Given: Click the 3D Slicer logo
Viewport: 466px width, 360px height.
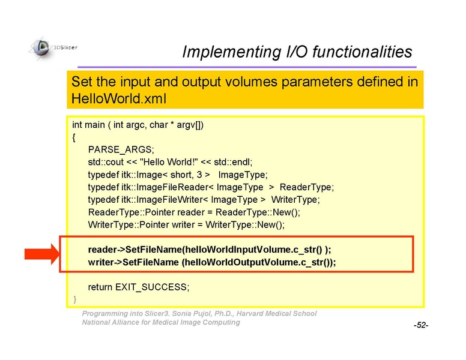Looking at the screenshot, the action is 53,48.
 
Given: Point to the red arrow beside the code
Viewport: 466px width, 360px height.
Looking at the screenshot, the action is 42,254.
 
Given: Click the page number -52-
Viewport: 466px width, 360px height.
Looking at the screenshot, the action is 421,325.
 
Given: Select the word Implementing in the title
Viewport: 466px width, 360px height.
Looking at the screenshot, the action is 232,52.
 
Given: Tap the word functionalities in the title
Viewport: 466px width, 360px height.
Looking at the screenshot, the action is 362,52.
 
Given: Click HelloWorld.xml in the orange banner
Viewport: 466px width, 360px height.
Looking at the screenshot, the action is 118,98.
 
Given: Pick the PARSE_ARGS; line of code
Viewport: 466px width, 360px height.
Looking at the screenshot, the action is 121,149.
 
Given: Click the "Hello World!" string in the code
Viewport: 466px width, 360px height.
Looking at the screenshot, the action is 169,162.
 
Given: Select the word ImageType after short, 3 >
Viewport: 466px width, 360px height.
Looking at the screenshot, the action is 243,175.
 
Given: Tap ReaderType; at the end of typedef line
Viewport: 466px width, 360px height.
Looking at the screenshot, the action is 307,187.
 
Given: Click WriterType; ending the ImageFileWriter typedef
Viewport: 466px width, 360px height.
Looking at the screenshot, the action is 295,200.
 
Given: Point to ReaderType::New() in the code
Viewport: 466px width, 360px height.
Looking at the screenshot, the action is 258,212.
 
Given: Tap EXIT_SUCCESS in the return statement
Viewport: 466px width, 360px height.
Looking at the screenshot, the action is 151,287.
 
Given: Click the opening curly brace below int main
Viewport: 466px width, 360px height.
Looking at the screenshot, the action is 74,137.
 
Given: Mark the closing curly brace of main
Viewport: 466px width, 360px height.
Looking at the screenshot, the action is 75,299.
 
